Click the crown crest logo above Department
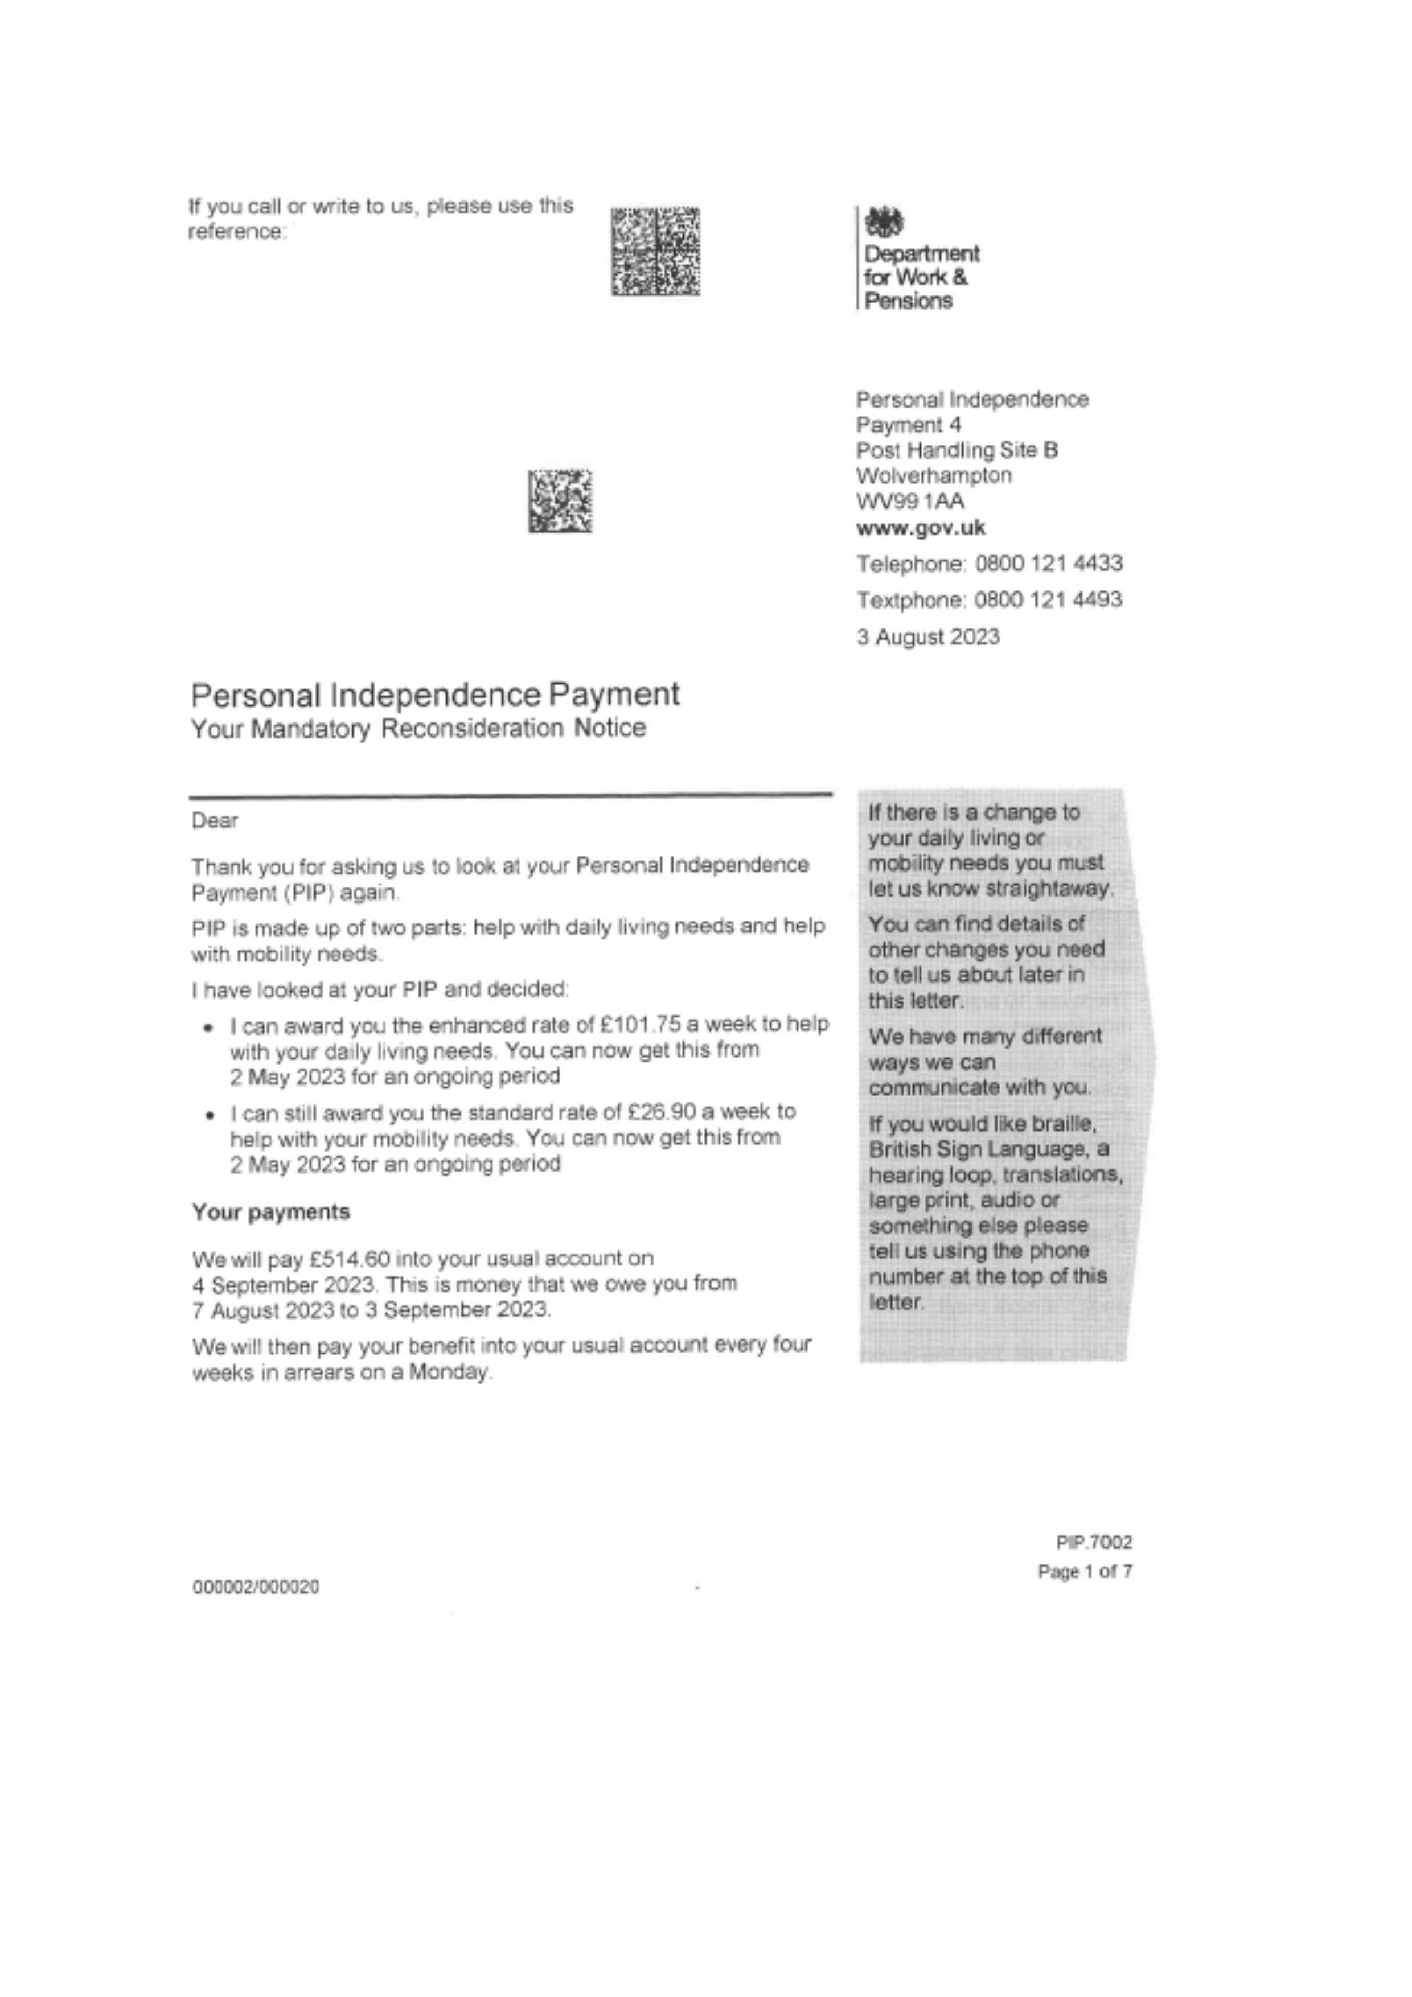[884, 223]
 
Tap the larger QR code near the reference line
[655, 250]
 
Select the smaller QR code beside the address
[560, 501]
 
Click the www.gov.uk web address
[921, 527]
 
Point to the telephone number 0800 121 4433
[1048, 564]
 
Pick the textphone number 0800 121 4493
[1048, 599]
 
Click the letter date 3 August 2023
[927, 636]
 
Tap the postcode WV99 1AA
[909, 501]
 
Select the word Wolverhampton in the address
[934, 476]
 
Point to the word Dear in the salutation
[214, 820]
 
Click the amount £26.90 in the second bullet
[661, 1112]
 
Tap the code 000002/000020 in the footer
[255, 1587]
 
